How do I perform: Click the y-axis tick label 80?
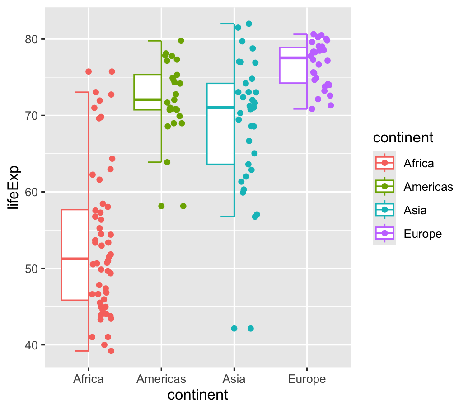tap(31, 39)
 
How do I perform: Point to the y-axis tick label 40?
tap(31, 345)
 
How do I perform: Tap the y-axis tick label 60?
tap(31, 192)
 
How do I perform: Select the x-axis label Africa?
tap(89, 379)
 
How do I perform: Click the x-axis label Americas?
tap(161, 379)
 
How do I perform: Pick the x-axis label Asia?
tap(234, 379)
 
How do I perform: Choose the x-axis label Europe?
tap(307, 379)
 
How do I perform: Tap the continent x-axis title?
tap(197, 395)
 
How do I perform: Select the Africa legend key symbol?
tap(385, 163)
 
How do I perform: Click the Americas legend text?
tap(428, 187)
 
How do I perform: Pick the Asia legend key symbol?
tap(385, 210)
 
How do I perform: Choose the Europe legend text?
tap(422, 234)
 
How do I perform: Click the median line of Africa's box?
tap(75, 259)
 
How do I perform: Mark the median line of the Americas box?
tap(148, 99)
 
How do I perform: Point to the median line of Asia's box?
tap(220, 107)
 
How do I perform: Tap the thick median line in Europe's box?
tap(293, 58)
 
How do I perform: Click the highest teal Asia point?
tap(249, 24)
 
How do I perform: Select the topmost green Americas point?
tap(181, 41)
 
